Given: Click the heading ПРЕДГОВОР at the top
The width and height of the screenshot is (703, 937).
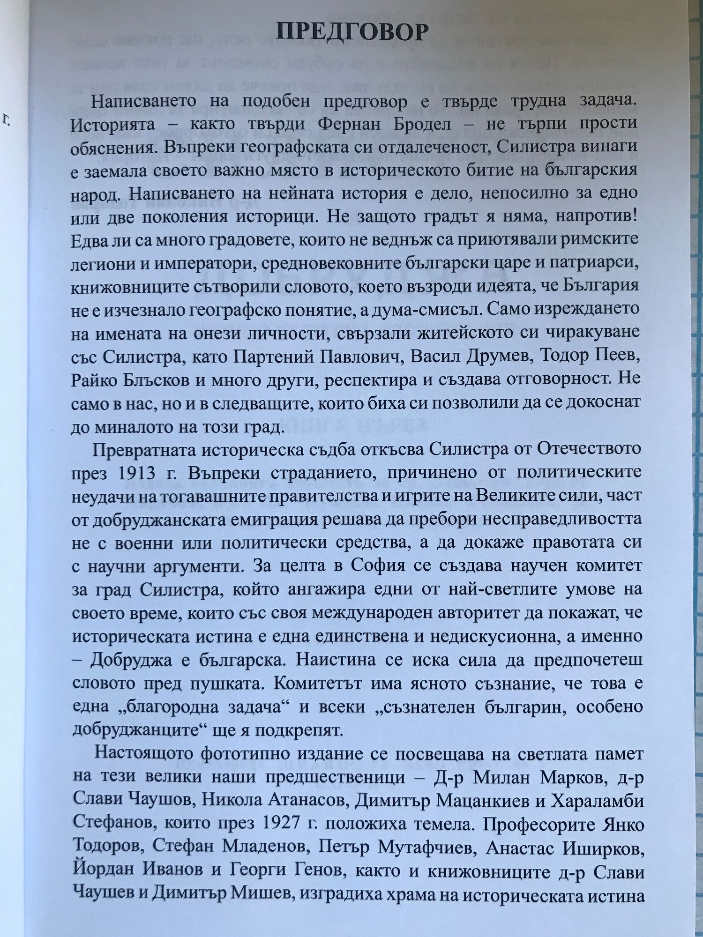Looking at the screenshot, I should [x=352, y=32].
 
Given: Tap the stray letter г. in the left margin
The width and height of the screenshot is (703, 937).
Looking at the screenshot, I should [x=7, y=120].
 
